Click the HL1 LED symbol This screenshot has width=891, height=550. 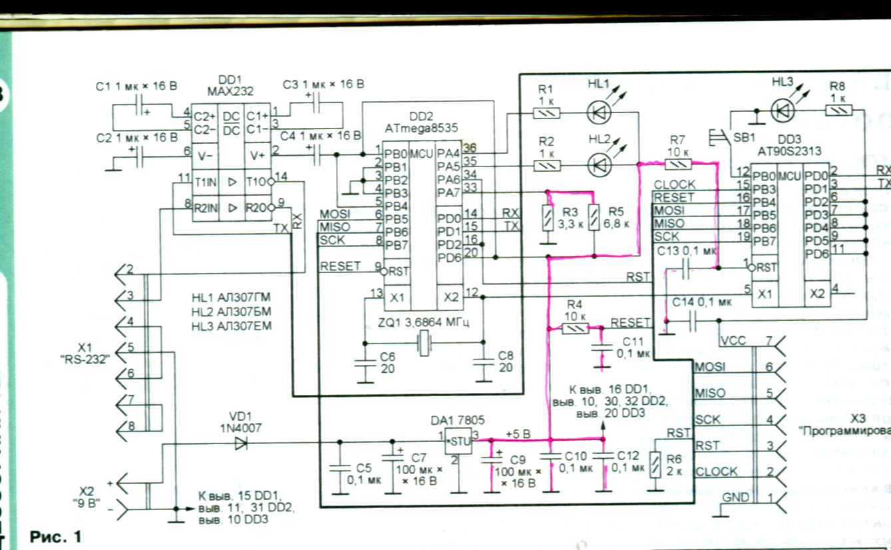[599, 113]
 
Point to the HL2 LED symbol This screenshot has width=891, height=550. [600, 164]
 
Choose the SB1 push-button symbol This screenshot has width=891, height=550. [719, 138]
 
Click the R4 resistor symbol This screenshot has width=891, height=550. [574, 328]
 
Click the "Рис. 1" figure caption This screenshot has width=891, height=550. [56, 536]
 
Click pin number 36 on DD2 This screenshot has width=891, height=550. [470, 148]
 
